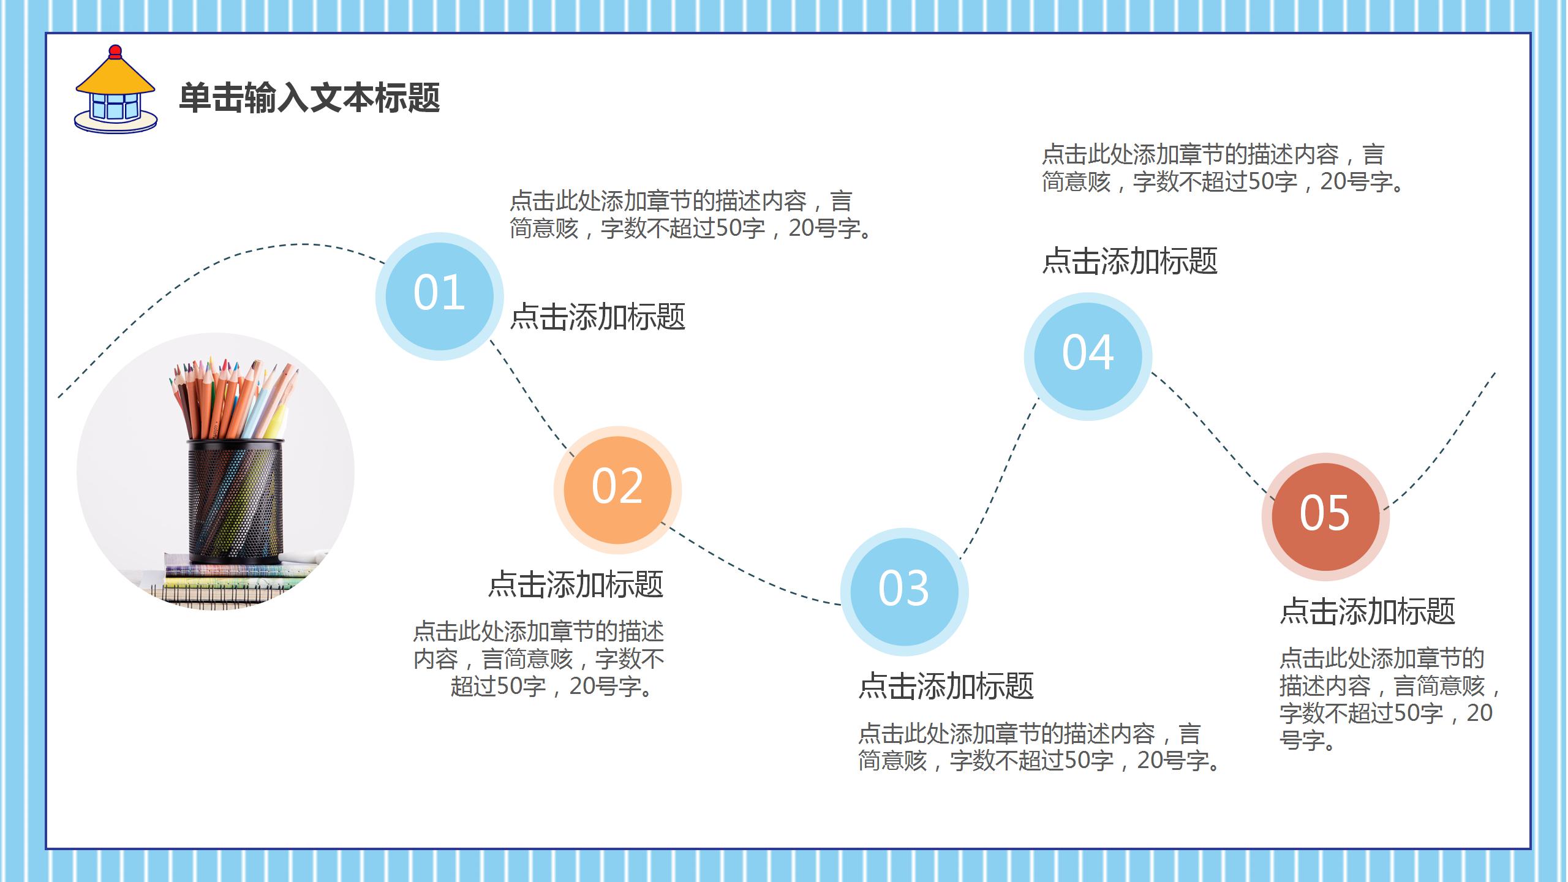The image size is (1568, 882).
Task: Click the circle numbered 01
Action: click(439, 296)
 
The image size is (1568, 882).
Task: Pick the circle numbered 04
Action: click(1088, 356)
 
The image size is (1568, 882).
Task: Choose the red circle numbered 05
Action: click(1325, 516)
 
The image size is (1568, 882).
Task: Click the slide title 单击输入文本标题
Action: click(309, 98)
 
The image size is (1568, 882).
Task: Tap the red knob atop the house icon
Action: click(115, 51)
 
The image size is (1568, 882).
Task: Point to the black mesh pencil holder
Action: click(235, 499)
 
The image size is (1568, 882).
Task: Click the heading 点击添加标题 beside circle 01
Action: click(598, 317)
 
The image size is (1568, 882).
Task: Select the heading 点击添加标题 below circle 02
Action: click(576, 584)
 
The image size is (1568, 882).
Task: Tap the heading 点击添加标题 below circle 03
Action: click(946, 685)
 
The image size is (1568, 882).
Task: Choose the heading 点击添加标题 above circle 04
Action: click(1130, 261)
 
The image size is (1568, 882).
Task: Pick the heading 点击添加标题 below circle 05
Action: click(1367, 611)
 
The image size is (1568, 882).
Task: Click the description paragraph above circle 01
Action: click(692, 214)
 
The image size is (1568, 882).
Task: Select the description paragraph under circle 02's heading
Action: click(539, 659)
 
